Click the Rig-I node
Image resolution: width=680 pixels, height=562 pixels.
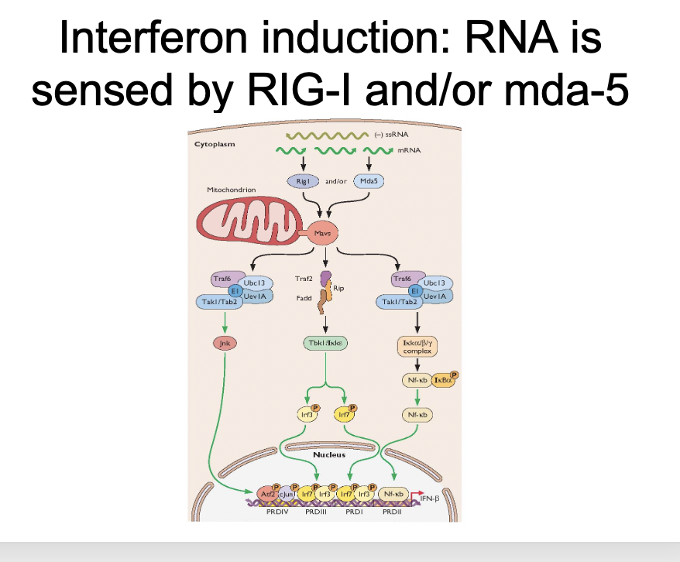click(302, 181)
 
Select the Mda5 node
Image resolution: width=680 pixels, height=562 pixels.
click(369, 181)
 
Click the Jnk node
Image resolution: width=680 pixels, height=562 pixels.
click(223, 343)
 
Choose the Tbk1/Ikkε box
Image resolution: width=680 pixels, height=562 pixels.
click(325, 343)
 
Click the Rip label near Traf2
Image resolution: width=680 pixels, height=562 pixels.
click(339, 288)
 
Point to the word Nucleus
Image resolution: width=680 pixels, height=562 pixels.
click(329, 454)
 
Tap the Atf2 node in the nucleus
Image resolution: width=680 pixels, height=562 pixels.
click(263, 493)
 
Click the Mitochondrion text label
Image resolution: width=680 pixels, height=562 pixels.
click(231, 190)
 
